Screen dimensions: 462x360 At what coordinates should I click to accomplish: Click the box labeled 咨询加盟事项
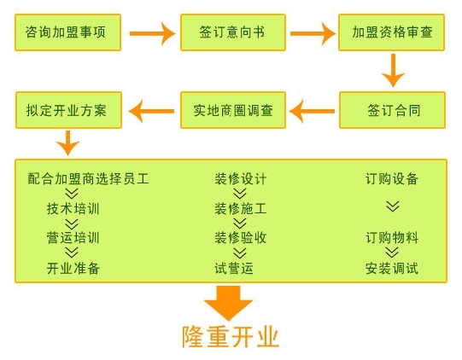pos(67,32)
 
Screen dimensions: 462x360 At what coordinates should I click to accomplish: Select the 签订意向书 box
pos(233,32)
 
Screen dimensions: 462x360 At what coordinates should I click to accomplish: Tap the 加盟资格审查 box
pos(392,32)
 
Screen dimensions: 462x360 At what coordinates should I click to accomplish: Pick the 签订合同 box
pos(392,110)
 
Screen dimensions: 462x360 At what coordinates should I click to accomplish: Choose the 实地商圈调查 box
pos(233,110)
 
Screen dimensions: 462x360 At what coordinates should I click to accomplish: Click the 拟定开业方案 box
pos(68,110)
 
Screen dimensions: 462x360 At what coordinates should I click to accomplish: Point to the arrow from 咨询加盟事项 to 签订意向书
pos(152,33)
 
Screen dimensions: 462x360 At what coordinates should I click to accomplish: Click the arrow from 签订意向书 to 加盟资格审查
pos(313,33)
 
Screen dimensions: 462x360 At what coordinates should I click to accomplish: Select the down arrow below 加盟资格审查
pos(393,70)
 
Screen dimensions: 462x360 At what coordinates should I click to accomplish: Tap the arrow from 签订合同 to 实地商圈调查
pos(312,111)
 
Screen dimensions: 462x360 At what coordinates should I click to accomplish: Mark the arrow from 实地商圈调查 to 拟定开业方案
pos(151,111)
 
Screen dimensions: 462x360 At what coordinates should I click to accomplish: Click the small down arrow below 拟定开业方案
pos(68,142)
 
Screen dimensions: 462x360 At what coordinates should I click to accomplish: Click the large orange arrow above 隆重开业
pos(228,303)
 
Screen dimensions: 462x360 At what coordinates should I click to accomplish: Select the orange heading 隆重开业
pos(231,337)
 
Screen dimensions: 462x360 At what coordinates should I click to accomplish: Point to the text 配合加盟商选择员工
pos(89,178)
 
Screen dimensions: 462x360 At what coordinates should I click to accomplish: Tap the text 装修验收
pos(241,238)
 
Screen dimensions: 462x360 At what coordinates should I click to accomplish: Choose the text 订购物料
pos(392,238)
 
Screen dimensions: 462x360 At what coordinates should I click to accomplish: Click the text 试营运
pos(234,268)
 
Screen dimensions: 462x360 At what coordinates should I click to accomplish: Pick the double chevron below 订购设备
pos(393,206)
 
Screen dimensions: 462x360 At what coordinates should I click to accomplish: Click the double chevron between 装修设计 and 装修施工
pos(240,194)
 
